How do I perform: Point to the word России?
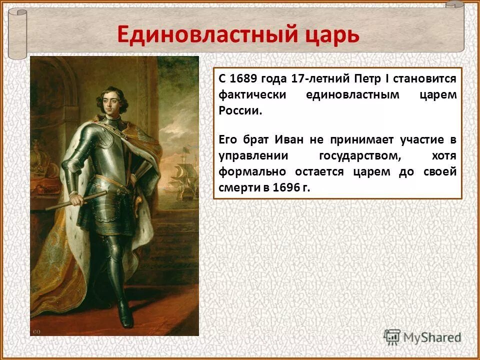coord(240,110)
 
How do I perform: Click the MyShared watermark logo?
coord(422,337)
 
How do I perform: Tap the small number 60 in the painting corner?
coord(36,331)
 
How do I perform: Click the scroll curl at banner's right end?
coord(455,6)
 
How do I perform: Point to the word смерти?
coord(237,187)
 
